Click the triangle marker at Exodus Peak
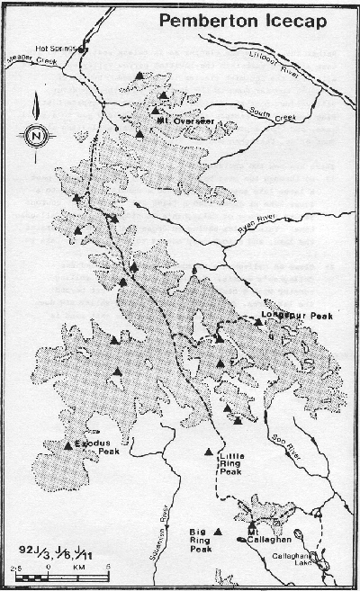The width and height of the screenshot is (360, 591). [68, 444]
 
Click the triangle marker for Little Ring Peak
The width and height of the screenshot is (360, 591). [209, 452]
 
